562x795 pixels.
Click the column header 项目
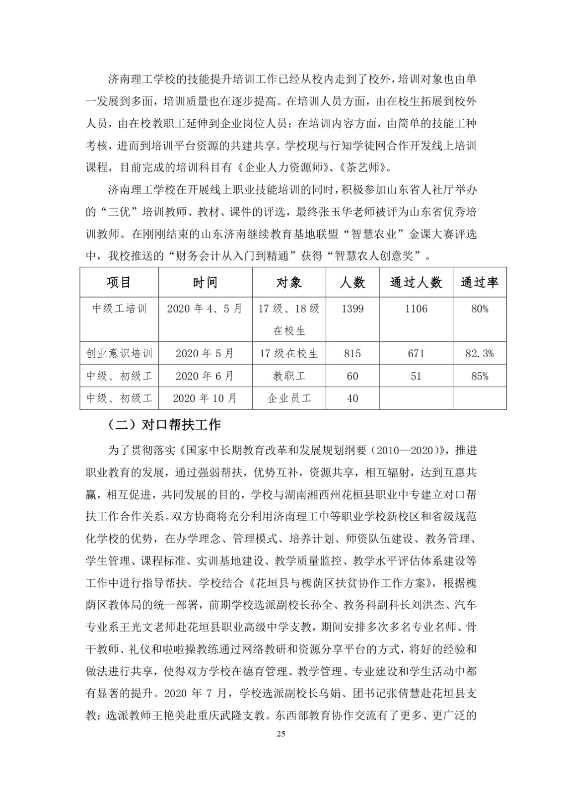pos(119,282)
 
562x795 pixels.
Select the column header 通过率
pos(480,282)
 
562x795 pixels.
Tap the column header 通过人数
pos(416,282)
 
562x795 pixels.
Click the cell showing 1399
pos(352,309)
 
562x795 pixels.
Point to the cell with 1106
pos(416,309)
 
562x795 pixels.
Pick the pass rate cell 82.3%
pos(480,354)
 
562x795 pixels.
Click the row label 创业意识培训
pos(119,354)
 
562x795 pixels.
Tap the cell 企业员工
pos(289,398)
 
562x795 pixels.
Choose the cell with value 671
pos(416,354)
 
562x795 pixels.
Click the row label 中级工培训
pos(119,309)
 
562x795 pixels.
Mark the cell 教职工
pos(289,376)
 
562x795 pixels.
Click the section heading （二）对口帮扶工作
pos(164,425)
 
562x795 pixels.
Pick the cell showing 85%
pos(480,376)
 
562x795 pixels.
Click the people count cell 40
pos(352,398)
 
